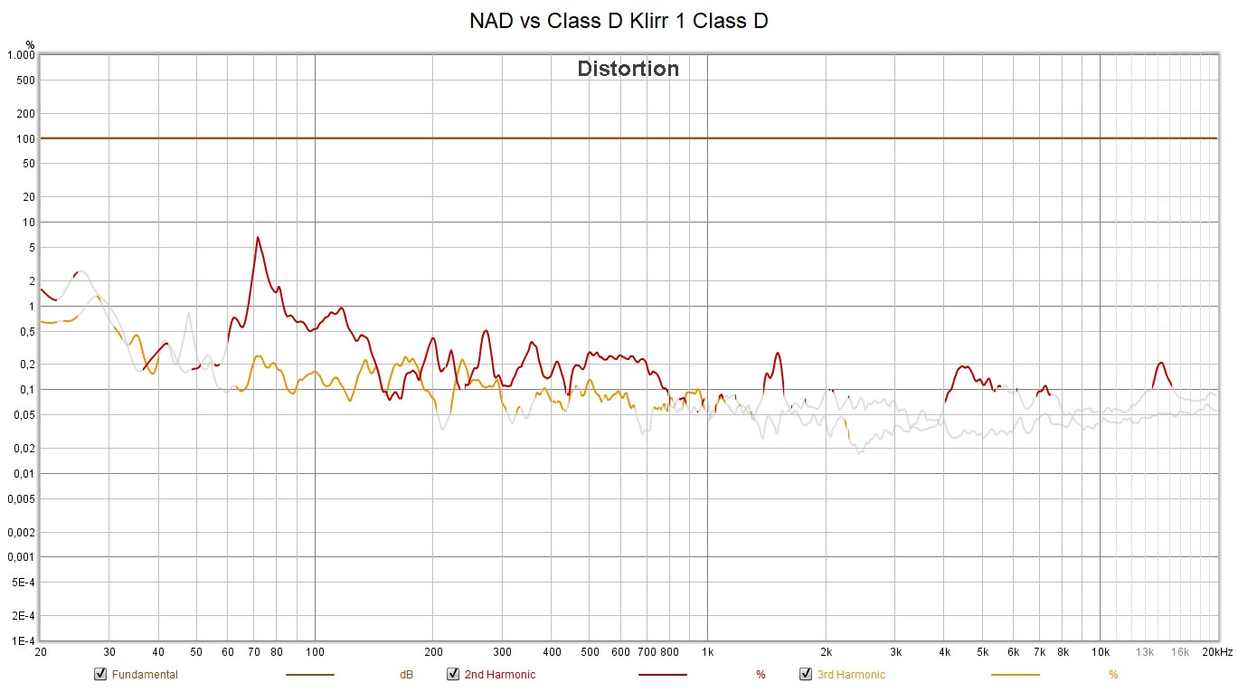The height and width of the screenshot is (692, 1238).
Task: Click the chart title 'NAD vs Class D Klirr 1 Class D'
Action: pyautogui.click(x=619, y=21)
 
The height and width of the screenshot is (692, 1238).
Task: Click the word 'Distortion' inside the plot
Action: pyautogui.click(x=628, y=69)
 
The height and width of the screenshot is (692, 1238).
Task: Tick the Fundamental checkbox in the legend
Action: pyautogui.click(x=101, y=674)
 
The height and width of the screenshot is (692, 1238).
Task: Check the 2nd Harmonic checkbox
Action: pyautogui.click(x=453, y=674)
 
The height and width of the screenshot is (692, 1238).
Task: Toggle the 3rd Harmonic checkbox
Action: pyautogui.click(x=806, y=674)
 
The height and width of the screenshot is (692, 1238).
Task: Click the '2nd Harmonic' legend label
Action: pyautogui.click(x=499, y=675)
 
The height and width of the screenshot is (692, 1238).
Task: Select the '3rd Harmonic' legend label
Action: pyautogui.click(x=851, y=675)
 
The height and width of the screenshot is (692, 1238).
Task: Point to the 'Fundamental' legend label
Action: pyautogui.click(x=145, y=675)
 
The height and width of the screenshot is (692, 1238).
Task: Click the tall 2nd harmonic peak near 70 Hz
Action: pyautogui.click(x=258, y=238)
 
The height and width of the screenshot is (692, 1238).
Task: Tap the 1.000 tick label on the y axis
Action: pyautogui.click(x=20, y=55)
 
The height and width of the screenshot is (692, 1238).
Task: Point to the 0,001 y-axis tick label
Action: pyautogui.click(x=20, y=557)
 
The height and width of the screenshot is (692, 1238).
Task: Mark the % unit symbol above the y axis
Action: pyautogui.click(x=30, y=44)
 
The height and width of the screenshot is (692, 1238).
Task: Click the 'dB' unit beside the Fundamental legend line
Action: pyautogui.click(x=406, y=675)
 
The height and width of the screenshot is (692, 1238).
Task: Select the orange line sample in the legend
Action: pyautogui.click(x=1015, y=675)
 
